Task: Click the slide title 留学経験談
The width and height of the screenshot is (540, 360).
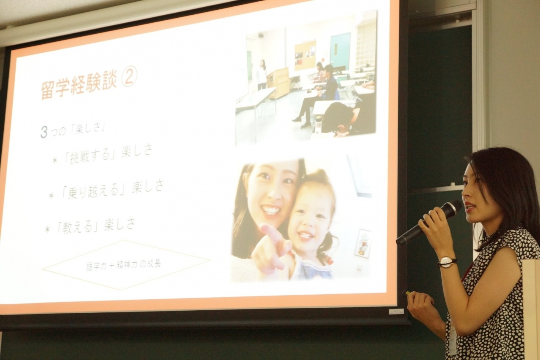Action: pos(81,86)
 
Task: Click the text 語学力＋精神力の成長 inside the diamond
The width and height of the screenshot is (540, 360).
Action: pos(124,265)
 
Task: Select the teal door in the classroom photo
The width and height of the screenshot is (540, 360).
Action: pos(340,50)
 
